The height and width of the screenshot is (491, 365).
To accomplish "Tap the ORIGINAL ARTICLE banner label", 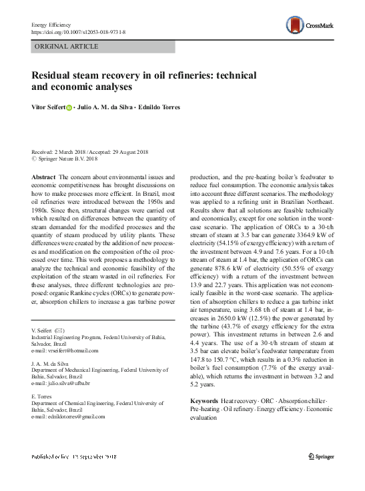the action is click(66, 47).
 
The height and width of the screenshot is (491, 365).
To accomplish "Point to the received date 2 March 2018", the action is click(74, 152).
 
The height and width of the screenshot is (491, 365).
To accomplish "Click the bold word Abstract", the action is click(43, 177).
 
